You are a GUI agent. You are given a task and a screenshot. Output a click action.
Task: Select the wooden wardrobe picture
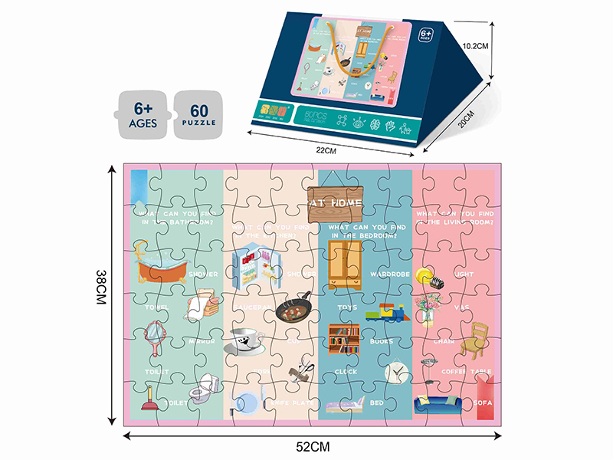coord(345,260)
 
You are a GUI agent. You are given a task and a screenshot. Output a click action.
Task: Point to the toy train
coord(385,312)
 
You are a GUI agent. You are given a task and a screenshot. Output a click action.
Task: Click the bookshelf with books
coord(344,339)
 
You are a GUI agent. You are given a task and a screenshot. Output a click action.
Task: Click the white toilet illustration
coord(205,390)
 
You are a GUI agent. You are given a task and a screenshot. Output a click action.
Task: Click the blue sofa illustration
coord(438,403)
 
